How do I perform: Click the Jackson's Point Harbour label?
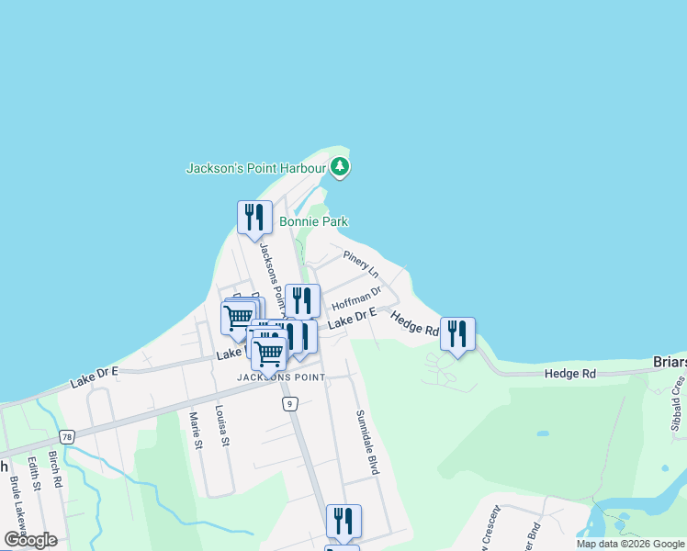pyautogui.click(x=256, y=168)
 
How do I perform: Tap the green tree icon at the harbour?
pyautogui.click(x=341, y=167)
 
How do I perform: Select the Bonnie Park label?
pyautogui.click(x=313, y=221)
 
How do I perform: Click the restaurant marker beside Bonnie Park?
pyautogui.click(x=254, y=218)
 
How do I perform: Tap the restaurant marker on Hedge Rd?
pyautogui.click(x=457, y=333)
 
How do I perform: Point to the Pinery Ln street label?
pyautogui.click(x=361, y=262)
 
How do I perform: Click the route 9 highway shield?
pyautogui.click(x=289, y=403)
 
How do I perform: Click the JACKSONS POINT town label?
pyautogui.click(x=280, y=377)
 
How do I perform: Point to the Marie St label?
pyautogui.click(x=195, y=430)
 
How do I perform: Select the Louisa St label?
pyautogui.click(x=220, y=425)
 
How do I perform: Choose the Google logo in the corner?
pyautogui.click(x=30, y=540)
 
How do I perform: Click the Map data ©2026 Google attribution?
pyautogui.click(x=631, y=544)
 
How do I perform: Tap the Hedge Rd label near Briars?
pyautogui.click(x=569, y=374)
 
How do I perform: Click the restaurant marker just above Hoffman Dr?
pyautogui.click(x=302, y=300)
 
